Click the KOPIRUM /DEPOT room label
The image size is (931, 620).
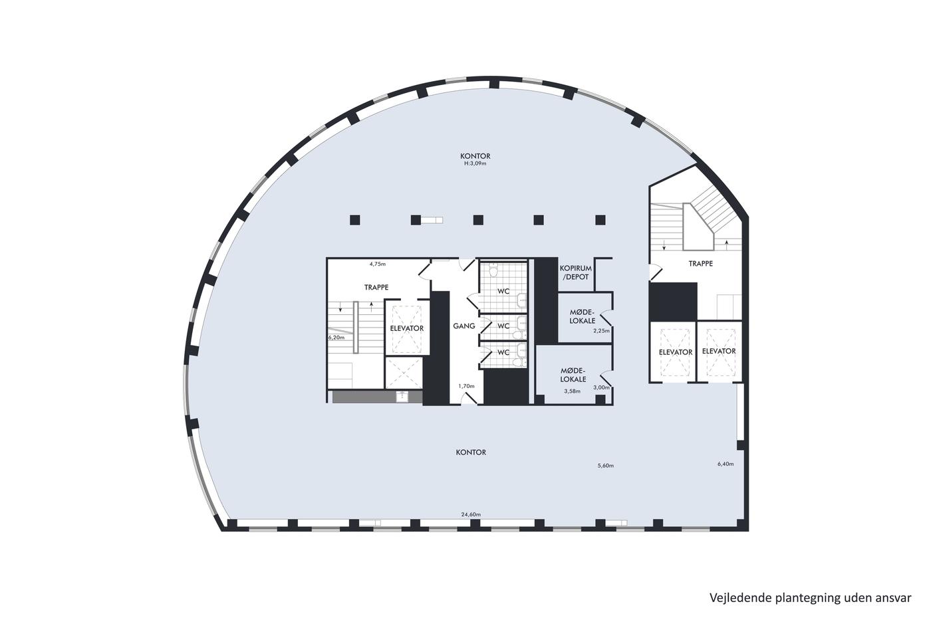(576, 272)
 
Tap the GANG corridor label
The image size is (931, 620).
(464, 326)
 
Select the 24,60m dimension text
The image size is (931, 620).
(471, 514)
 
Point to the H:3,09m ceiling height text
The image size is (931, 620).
(475, 163)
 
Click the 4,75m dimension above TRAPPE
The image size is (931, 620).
(378, 264)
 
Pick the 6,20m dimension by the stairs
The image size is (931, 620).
(336, 337)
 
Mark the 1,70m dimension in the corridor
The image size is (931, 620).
(466, 386)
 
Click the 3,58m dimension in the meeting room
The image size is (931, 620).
(573, 391)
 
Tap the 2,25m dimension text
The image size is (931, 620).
(601, 331)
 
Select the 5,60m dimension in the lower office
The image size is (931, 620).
(606, 466)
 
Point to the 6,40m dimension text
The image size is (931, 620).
(726, 464)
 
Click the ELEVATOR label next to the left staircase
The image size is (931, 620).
(407, 328)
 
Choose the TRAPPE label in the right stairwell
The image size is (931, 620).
(700, 263)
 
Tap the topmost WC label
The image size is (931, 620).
(503, 291)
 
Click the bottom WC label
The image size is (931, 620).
(503, 352)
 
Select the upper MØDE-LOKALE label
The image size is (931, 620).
(583, 316)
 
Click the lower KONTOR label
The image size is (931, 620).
(471, 453)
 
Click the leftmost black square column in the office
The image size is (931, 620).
(354, 220)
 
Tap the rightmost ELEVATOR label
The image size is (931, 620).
(719, 351)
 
